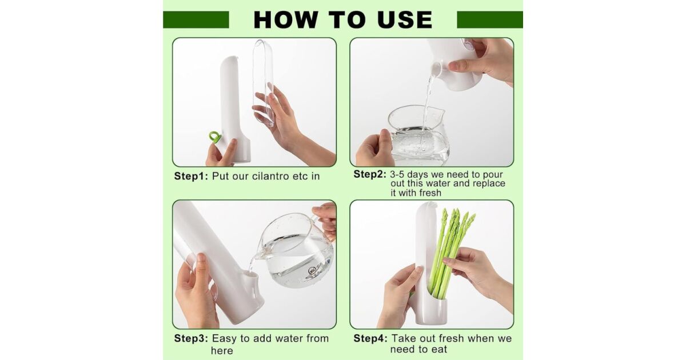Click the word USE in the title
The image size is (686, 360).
(405, 20)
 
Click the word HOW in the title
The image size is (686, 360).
(285, 20)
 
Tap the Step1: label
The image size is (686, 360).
(191, 177)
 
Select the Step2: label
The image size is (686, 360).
(370, 174)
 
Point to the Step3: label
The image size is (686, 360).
(191, 338)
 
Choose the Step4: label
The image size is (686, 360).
(370, 338)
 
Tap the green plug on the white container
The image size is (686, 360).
(214, 137)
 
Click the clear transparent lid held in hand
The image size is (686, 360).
(263, 83)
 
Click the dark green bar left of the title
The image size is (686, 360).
(196, 20)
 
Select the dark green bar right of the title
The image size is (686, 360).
(490, 20)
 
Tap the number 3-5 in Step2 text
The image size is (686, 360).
(397, 174)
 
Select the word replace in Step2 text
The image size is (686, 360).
(489, 183)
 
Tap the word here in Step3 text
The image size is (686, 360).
(222, 351)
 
